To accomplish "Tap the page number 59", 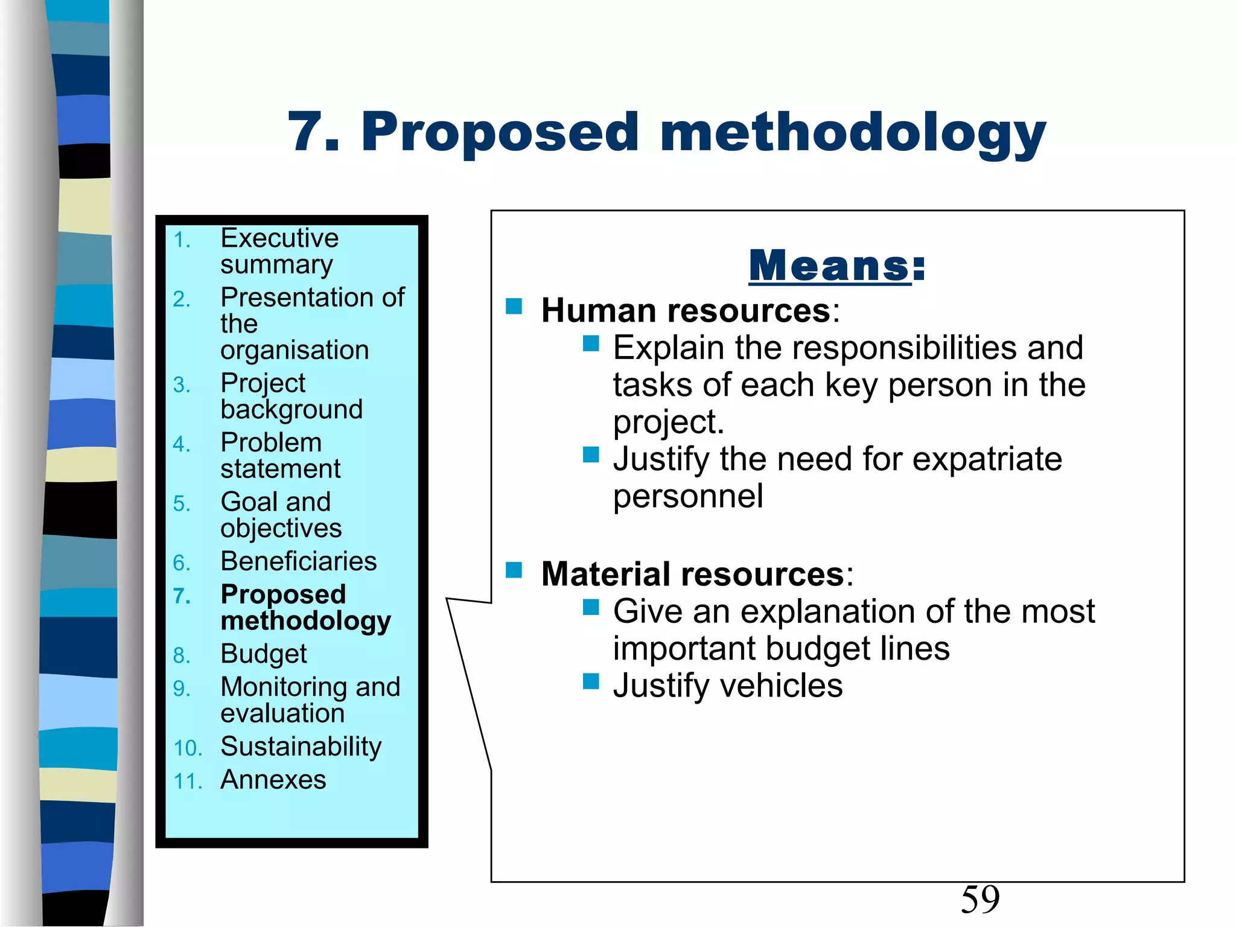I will pos(980,899).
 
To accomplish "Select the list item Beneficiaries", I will pos(299,561).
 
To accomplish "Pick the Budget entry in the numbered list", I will pos(264,654).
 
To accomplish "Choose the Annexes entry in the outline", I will pos(273,780).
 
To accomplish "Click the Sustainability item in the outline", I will pos(301,747).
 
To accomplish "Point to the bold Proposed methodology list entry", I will pos(305,608).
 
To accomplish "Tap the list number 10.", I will pos(188,748).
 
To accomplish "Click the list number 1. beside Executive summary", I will pos(182,241).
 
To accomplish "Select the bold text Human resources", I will pos(686,311).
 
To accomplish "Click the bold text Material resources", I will pos(693,574).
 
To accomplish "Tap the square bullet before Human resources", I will pos(514,307).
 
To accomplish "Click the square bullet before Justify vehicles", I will pos(591,682).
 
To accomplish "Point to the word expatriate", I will pos(987,460).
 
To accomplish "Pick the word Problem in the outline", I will pos(271,442).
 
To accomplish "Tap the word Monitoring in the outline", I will pos(284,687).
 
